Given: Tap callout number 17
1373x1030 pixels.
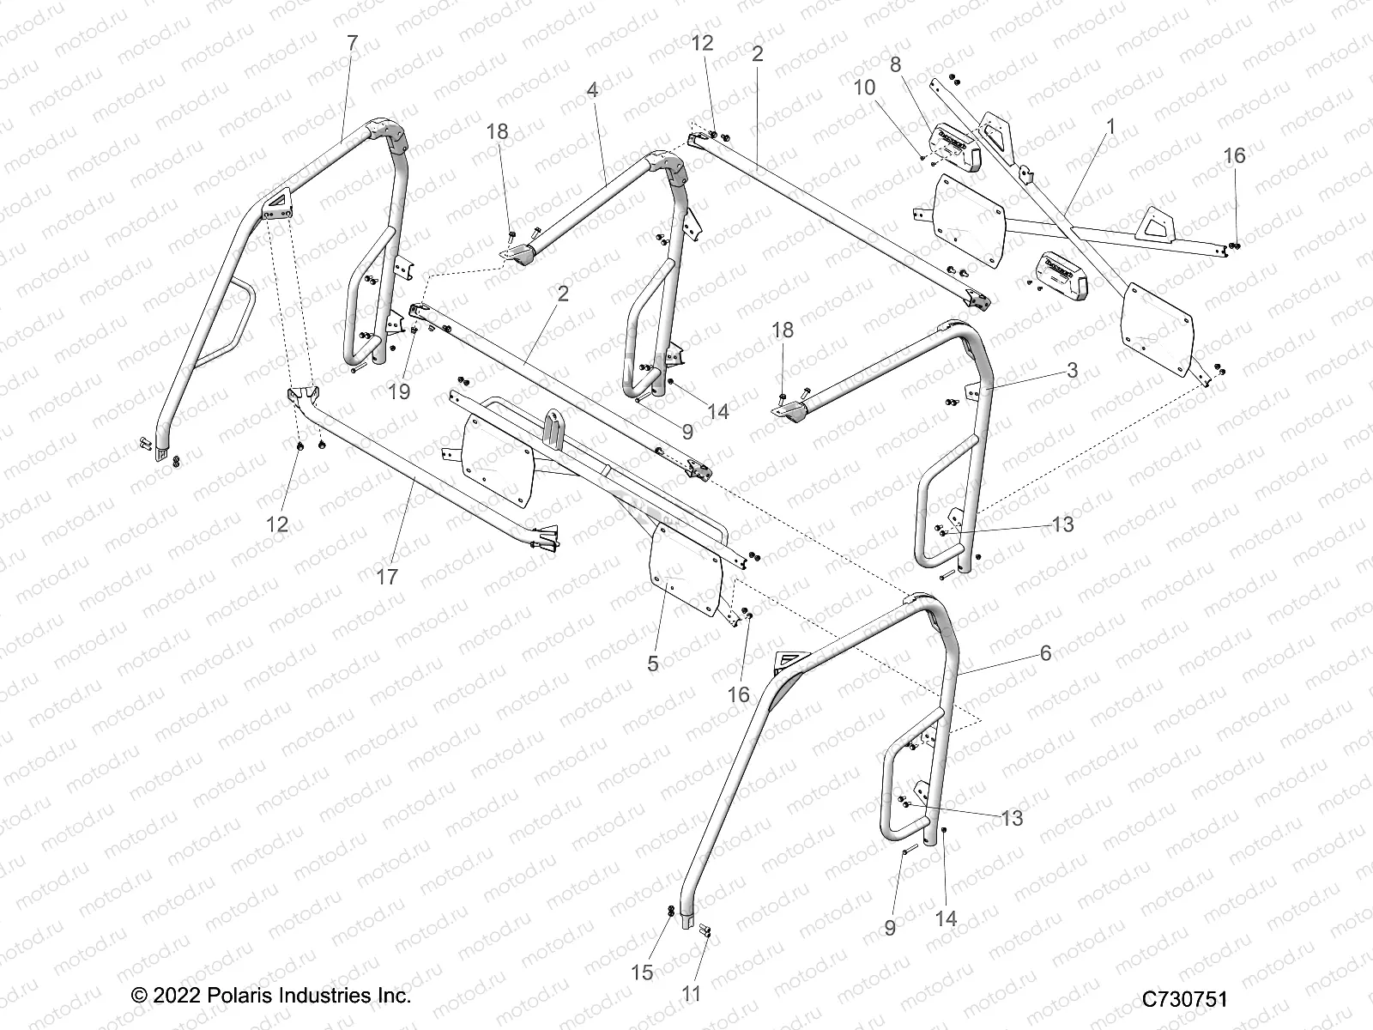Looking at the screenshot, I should (x=388, y=576).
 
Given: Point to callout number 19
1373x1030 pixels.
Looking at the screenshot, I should (x=399, y=391).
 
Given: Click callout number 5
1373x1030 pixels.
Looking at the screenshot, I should (x=653, y=663).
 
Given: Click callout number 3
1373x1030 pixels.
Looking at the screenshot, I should (x=1073, y=370).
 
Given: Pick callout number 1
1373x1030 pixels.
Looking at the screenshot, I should (x=1110, y=126).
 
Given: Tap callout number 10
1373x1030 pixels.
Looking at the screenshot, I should (x=864, y=88).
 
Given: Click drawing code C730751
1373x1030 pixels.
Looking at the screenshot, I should (x=1184, y=999).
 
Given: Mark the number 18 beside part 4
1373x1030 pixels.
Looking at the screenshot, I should (x=498, y=131).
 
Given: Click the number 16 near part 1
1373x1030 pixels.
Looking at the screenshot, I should (x=1234, y=155).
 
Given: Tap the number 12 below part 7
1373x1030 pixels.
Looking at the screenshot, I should (x=278, y=524).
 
